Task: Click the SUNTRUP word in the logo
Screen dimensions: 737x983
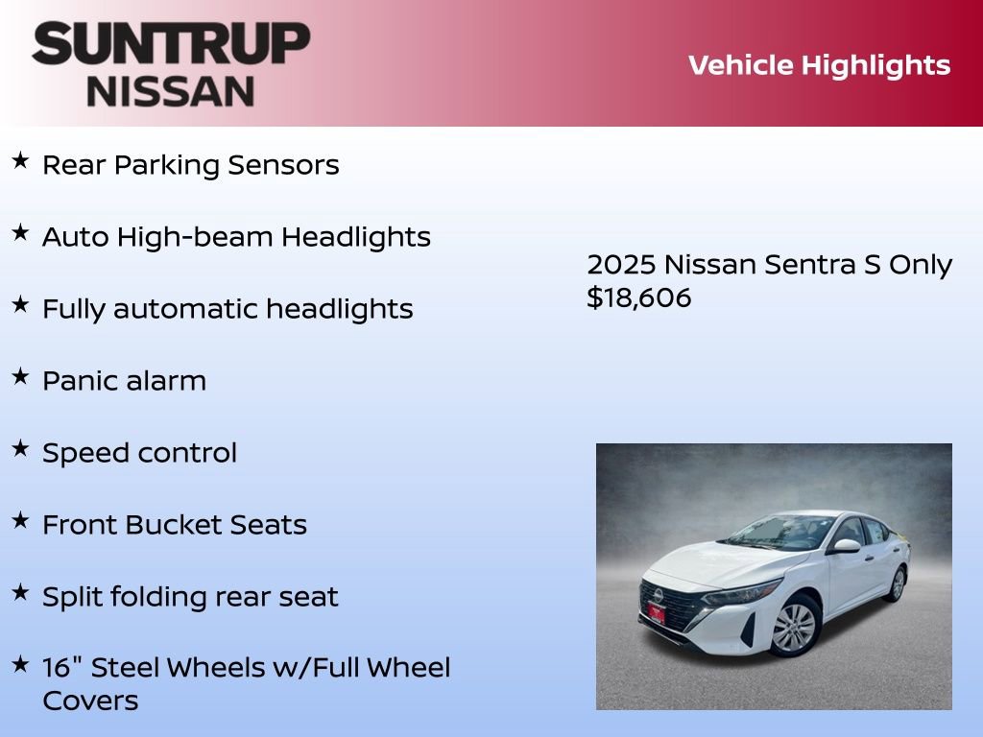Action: point(171,46)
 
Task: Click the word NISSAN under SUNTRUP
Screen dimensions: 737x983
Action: point(171,90)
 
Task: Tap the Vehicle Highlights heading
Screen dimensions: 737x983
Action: point(819,65)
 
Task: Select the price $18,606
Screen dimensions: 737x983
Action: point(638,297)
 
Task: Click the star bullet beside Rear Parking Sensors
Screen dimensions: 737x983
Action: point(20,161)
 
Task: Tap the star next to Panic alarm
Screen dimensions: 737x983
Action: point(20,377)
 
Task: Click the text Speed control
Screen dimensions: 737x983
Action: point(139,453)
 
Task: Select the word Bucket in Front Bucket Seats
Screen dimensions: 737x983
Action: point(174,525)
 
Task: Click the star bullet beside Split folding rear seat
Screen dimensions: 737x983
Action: point(20,593)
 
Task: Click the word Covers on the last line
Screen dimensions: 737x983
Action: point(90,701)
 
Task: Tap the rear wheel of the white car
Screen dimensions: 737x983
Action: point(897,583)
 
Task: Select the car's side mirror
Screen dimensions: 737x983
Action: point(846,545)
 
